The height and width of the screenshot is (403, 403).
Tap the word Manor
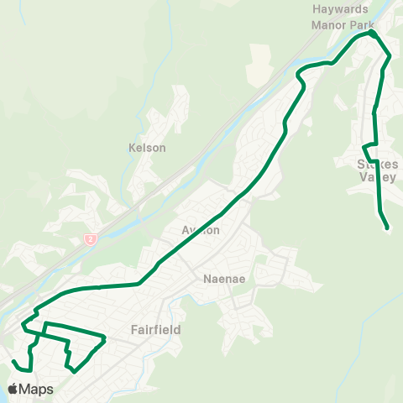pos(328,24)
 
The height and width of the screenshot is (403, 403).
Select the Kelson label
pos(147,148)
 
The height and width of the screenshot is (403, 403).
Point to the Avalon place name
pos(201,230)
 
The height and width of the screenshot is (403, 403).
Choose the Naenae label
pos(223,280)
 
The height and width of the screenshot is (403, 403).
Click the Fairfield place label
pos(155,330)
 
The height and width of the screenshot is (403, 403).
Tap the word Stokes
pos(373,165)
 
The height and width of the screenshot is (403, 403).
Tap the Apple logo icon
pos(14,389)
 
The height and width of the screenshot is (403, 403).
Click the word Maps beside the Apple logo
pos(39,390)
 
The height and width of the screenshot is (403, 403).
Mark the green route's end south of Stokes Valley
pos(387,228)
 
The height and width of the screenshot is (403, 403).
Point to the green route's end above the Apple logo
pos(13,360)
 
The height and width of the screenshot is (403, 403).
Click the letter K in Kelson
pos(132,148)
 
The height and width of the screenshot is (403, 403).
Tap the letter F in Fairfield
pos(134,330)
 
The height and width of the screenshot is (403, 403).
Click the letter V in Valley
pos(362,177)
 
